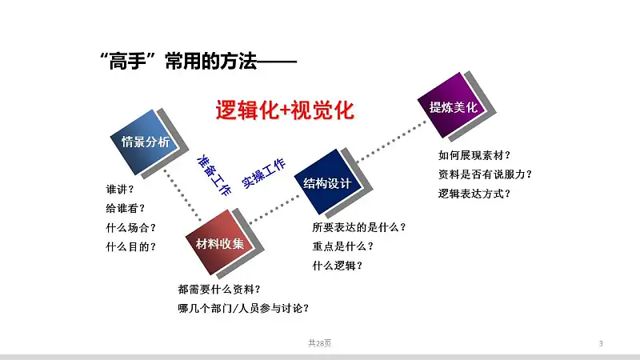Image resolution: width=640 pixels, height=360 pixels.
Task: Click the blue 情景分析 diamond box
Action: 146,142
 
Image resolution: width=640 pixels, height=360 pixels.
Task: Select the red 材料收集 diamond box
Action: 219,244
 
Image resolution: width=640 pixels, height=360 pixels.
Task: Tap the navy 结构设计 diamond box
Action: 327,183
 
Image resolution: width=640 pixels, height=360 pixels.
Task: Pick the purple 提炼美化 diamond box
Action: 453,107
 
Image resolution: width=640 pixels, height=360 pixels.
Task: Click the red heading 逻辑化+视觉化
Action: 285,110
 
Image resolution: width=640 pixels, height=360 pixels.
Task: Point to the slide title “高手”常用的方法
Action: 178,62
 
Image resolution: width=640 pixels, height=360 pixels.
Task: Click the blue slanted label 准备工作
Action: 214,175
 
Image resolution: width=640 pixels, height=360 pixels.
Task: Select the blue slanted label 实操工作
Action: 264,173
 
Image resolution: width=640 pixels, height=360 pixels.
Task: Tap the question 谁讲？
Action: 120,190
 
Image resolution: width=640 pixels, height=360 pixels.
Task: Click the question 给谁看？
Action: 126,209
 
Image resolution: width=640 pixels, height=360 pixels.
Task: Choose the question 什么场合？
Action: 131,228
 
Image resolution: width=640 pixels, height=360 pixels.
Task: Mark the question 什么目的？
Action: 131,247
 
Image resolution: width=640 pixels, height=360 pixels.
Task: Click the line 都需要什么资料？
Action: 219,290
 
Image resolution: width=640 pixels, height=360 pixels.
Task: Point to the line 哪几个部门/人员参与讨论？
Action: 244,308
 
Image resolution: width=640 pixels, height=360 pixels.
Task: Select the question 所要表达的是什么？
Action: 359,227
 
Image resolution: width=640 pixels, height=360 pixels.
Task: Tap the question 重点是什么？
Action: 343,246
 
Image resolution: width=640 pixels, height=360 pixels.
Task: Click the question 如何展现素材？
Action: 474,155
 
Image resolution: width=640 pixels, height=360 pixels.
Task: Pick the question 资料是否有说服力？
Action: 486,174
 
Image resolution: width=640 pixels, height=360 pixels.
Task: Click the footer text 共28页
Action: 319,343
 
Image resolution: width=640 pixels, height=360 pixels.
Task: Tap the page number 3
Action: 601,344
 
